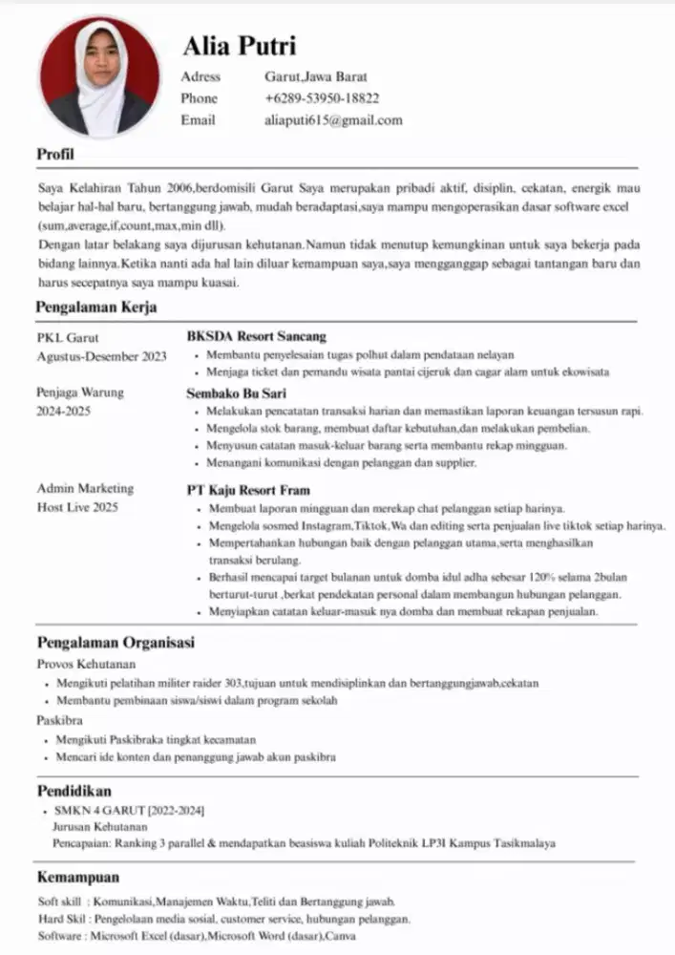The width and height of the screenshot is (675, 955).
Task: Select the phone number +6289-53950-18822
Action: [322, 98]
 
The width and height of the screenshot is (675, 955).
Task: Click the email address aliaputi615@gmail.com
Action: [333, 120]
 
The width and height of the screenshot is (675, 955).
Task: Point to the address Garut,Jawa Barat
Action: [316, 76]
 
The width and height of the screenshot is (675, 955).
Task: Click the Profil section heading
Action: [55, 155]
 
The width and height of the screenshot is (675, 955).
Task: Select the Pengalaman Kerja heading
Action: [96, 308]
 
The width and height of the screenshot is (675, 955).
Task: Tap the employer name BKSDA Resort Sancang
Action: [256, 336]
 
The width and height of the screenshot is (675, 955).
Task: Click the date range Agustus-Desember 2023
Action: [101, 356]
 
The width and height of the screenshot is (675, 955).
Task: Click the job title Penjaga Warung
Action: [80, 393]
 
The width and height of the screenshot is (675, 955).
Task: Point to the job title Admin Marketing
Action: [85, 489]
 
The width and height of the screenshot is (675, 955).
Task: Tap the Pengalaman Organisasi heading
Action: [116, 643]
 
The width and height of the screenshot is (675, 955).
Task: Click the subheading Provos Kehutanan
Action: [86, 664]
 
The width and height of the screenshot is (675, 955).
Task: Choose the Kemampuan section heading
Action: [78, 877]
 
